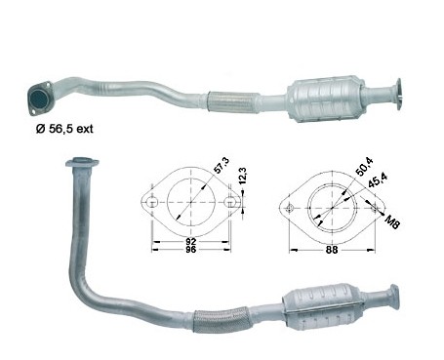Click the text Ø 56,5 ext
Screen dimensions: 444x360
[64, 129]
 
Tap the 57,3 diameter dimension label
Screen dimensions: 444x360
[222, 166]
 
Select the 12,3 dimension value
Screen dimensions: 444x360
[243, 176]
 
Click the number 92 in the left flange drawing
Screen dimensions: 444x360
[191, 242]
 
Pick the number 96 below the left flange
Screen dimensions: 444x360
[191, 250]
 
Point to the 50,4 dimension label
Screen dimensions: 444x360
[364, 166]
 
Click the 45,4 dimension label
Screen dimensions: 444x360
[378, 180]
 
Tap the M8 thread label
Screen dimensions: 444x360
[392, 221]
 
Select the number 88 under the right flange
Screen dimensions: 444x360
[332, 250]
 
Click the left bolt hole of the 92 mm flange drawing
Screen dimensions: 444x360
[151, 202]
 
